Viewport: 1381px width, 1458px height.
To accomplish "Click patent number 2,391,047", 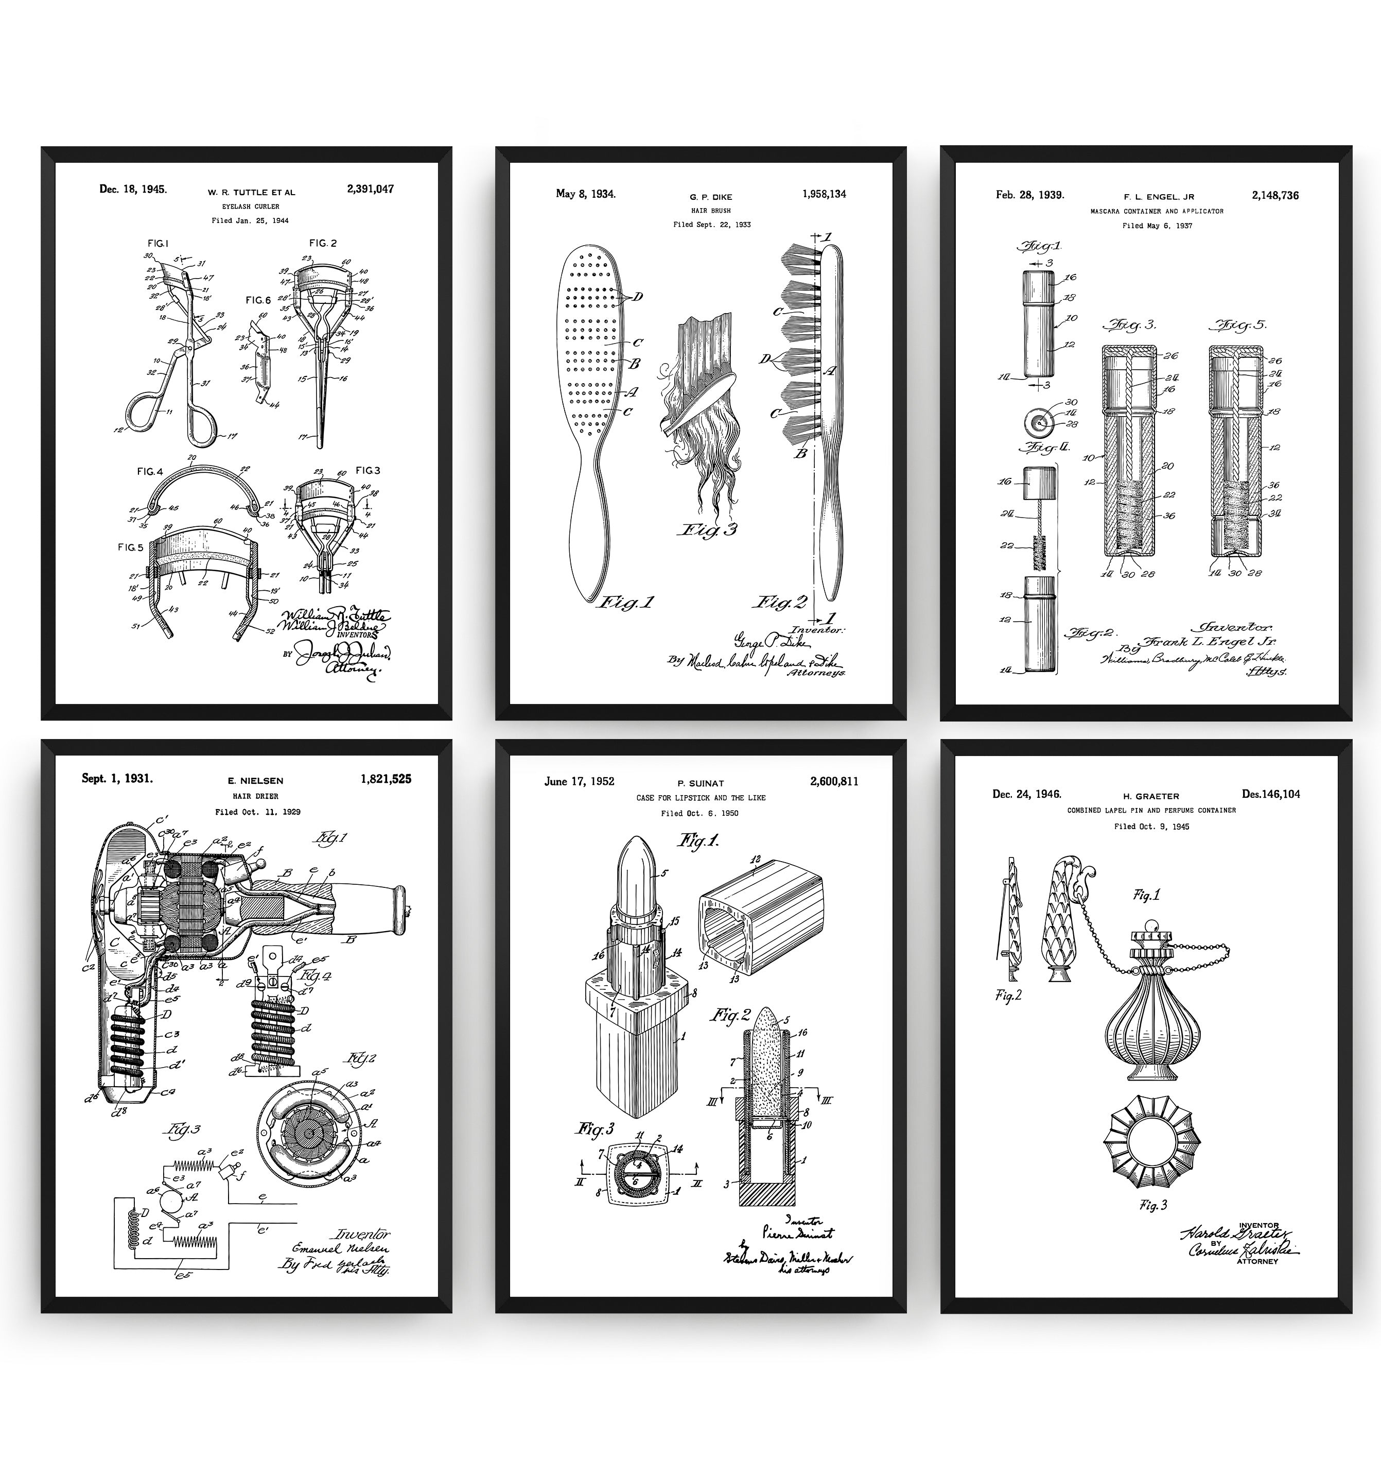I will (370, 189).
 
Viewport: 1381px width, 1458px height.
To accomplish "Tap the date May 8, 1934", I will (585, 194).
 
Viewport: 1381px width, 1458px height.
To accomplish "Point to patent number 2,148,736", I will (1275, 196).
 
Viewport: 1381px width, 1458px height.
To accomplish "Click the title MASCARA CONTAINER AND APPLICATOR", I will (1157, 211).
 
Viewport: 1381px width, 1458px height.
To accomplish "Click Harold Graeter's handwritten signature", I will (1235, 1233).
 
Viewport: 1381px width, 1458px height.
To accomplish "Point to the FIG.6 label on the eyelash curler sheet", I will (258, 300).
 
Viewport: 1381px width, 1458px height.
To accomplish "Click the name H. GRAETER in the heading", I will (1150, 797).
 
